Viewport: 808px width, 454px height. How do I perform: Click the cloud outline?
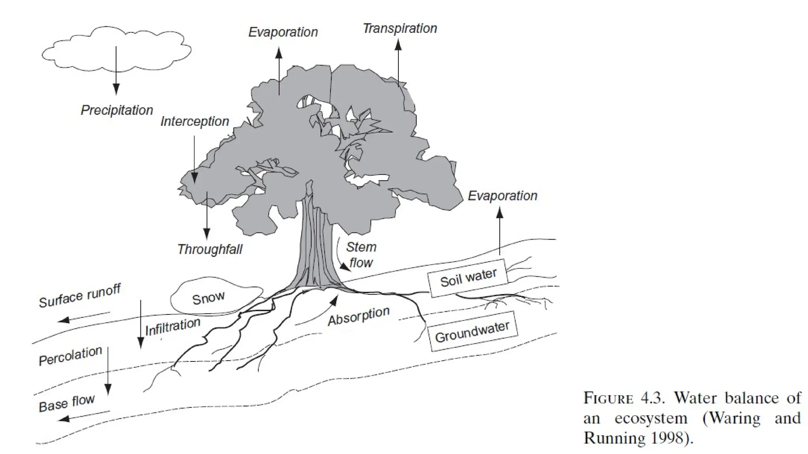pos(116,49)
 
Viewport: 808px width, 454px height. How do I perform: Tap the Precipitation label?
pos(117,110)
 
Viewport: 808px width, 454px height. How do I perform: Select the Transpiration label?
pos(400,28)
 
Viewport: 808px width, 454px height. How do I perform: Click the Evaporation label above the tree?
pos(283,32)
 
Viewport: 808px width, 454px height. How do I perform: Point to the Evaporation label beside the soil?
pos(502,195)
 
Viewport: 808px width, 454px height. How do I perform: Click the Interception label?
pos(195,121)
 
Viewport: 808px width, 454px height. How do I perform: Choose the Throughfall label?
pos(209,249)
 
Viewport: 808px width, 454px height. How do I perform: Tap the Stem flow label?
pos(361,255)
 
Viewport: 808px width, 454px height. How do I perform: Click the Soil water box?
pos(468,277)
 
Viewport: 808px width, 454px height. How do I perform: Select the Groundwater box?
pos(472,331)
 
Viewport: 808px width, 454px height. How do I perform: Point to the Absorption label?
pos(359,316)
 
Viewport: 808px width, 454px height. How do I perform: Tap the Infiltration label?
pos(173,327)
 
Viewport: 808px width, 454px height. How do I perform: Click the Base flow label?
pos(67,403)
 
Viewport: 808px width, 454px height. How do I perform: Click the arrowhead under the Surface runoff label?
pos(64,320)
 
